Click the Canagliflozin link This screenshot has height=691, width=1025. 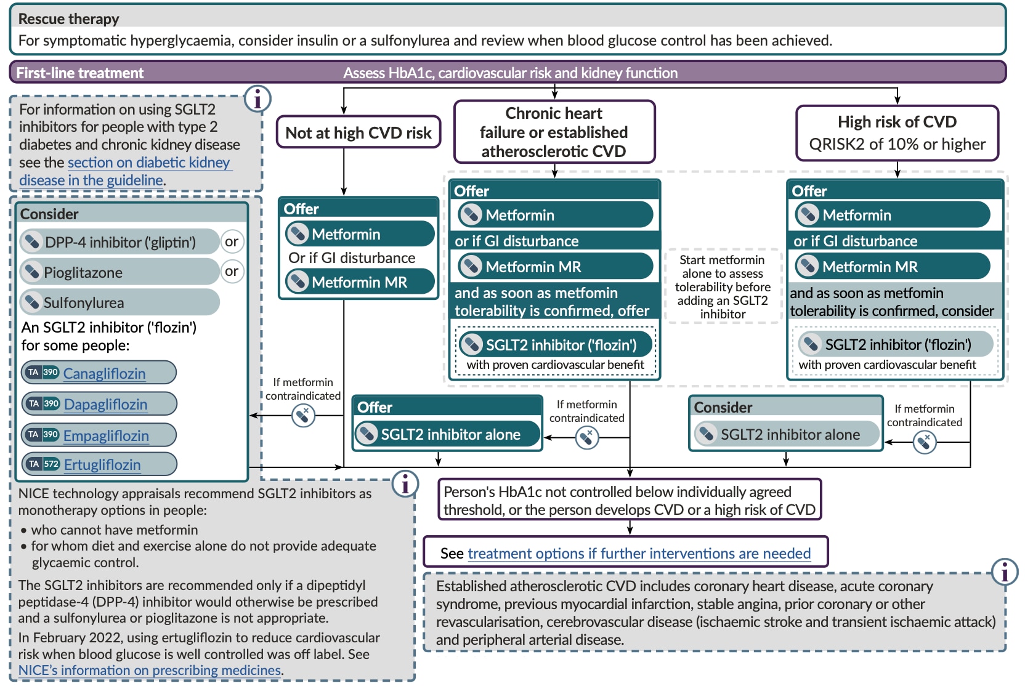(x=104, y=373)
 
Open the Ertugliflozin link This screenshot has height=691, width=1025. (x=102, y=464)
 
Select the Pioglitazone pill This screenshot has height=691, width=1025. (x=120, y=272)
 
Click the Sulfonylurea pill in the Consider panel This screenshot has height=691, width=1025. (x=120, y=302)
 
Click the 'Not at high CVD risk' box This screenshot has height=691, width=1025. (x=359, y=132)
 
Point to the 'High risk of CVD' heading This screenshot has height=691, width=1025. (x=897, y=122)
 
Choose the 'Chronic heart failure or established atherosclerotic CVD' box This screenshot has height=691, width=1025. (x=554, y=132)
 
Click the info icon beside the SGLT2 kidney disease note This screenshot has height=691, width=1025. (x=257, y=99)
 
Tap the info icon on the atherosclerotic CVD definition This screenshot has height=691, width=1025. (x=1004, y=572)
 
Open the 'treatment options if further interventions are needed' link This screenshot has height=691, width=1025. (x=639, y=553)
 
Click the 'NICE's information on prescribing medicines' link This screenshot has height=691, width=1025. (x=150, y=670)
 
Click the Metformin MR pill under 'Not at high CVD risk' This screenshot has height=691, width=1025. (x=360, y=282)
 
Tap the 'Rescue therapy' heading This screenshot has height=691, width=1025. (x=68, y=18)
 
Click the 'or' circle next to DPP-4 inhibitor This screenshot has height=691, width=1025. (x=232, y=241)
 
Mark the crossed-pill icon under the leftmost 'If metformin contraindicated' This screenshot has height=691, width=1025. (x=303, y=416)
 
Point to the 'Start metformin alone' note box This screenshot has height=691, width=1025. (x=723, y=286)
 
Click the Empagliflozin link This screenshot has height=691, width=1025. (x=106, y=435)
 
